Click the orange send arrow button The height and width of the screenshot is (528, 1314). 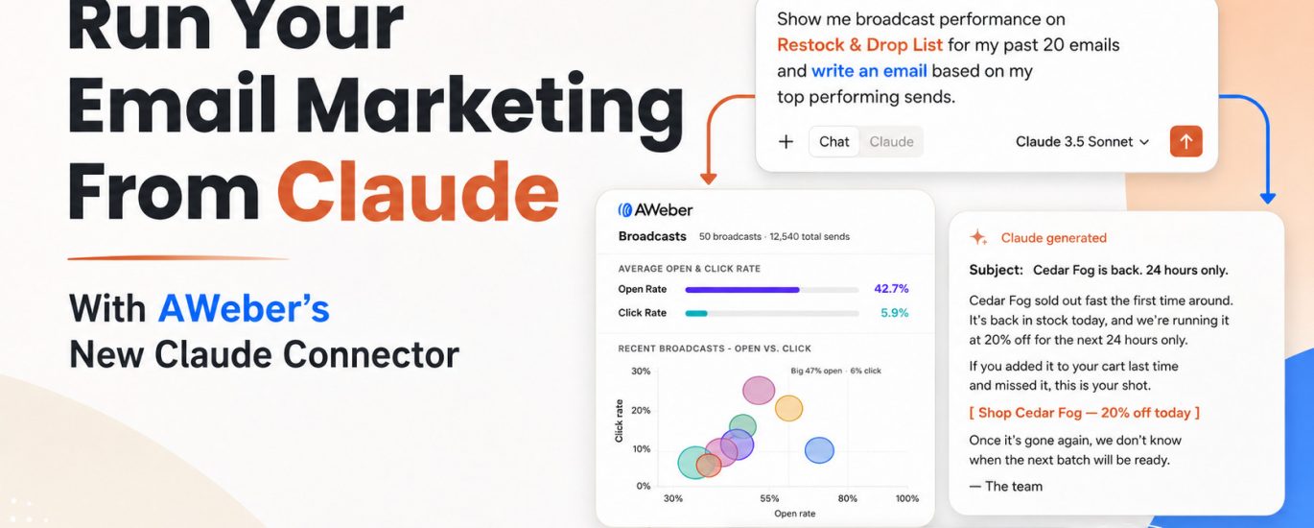pyautogui.click(x=1185, y=141)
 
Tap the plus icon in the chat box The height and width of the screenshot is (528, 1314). pyautogui.click(x=786, y=141)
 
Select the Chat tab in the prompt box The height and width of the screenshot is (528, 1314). pyautogui.click(x=834, y=141)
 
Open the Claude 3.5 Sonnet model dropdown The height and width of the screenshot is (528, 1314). pyautogui.click(x=1082, y=141)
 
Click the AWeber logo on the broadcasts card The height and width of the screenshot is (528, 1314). pyautogui.click(x=655, y=209)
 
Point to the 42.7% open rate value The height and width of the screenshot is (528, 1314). pyautogui.click(x=891, y=288)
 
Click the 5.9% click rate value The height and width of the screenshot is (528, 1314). pyautogui.click(x=894, y=312)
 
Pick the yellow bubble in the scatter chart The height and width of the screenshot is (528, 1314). pyautogui.click(x=788, y=408)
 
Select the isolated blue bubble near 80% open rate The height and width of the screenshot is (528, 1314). pyautogui.click(x=819, y=450)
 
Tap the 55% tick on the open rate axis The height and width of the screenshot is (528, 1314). pyautogui.click(x=769, y=498)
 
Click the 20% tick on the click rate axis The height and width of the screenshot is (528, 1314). pyautogui.click(x=641, y=410)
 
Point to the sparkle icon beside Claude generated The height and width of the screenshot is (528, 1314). pyautogui.click(x=978, y=237)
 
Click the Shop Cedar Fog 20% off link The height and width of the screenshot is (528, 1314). pyautogui.click(x=1084, y=412)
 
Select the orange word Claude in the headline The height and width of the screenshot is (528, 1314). pyautogui.click(x=418, y=192)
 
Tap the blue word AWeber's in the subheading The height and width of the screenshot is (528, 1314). pyautogui.click(x=244, y=308)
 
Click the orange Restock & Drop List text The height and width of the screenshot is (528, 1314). pyautogui.click(x=859, y=44)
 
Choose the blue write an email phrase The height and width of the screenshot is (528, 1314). pyautogui.click(x=869, y=70)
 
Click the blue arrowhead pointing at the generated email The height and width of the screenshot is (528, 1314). pyautogui.click(x=1268, y=199)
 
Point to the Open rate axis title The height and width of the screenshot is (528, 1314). pyautogui.click(x=794, y=514)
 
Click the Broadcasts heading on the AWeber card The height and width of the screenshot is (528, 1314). pyautogui.click(x=651, y=236)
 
